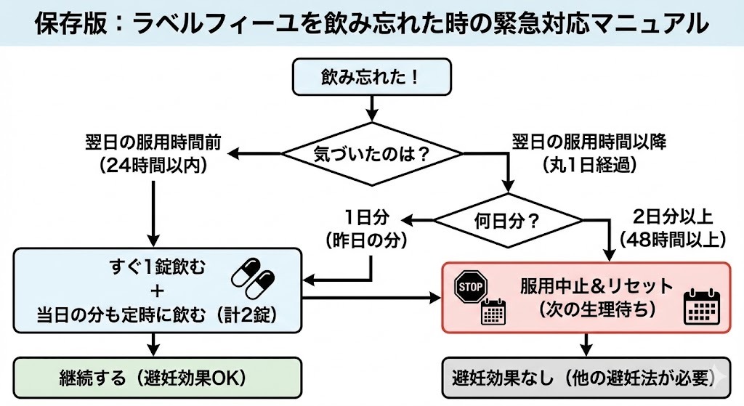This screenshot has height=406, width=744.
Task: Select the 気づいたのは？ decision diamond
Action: (371, 154)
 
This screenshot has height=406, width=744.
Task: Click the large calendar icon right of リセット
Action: (701, 306)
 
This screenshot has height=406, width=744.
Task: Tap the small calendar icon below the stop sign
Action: (493, 312)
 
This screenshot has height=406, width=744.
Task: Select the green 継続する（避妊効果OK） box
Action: (158, 378)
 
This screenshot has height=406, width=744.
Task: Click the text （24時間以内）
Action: (153, 166)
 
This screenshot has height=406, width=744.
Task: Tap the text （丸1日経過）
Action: (589, 165)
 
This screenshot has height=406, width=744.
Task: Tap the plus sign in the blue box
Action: (157, 292)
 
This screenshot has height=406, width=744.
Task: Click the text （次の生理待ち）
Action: (597, 308)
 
